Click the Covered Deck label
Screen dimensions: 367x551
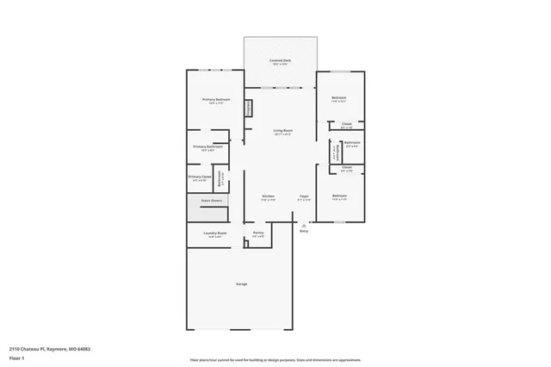tap(280, 61)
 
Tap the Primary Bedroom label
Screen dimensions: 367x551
tap(216, 100)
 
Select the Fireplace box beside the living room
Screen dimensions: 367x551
tap(250, 109)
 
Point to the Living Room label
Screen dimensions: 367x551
tap(282, 130)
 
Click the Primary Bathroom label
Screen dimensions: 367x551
tap(208, 146)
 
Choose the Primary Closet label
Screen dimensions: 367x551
tap(200, 177)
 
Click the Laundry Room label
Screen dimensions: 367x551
tap(215, 233)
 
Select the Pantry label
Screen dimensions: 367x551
tap(257, 233)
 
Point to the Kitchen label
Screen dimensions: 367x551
tap(269, 196)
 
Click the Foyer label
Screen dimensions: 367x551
tap(304, 196)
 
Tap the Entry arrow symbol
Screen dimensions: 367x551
tap(303, 225)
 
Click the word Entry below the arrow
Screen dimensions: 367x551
tap(303, 232)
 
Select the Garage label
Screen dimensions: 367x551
tap(242, 283)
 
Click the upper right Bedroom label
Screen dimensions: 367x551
tap(339, 97)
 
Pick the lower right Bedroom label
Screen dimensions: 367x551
tap(339, 196)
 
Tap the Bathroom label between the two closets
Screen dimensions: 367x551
tap(351, 143)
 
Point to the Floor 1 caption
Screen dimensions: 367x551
tap(17, 357)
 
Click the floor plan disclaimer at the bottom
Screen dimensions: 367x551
tap(275, 360)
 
